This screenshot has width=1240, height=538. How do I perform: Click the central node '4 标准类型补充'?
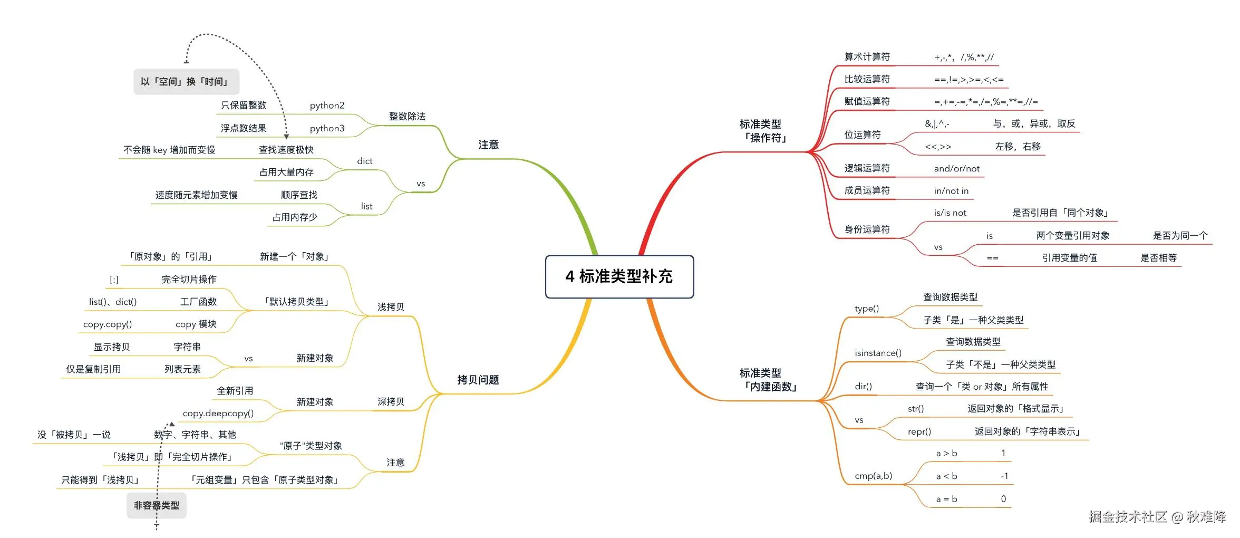click(619, 276)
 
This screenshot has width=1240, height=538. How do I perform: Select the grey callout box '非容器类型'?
click(156, 505)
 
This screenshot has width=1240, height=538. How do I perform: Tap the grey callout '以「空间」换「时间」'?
click(186, 82)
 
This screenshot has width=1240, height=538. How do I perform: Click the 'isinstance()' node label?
click(878, 353)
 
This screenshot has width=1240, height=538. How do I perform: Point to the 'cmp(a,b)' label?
click(873, 476)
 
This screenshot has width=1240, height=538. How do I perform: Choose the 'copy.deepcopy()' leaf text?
click(218, 413)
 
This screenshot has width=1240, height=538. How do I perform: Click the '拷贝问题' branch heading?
click(478, 380)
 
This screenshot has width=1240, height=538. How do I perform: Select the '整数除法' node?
click(407, 116)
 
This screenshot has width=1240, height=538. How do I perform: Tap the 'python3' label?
click(327, 128)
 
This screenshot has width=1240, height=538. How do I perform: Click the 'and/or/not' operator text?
click(956, 169)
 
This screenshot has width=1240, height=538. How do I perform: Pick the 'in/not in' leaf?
click(951, 191)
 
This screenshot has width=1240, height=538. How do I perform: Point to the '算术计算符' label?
click(867, 57)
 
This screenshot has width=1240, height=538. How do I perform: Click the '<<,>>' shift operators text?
click(938, 147)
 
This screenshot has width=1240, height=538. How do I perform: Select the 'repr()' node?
click(919, 431)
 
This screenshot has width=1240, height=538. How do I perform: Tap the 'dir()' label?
click(863, 386)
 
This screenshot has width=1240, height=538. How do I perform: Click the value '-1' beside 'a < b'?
click(1004, 476)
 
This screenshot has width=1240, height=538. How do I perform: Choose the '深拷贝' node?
click(390, 401)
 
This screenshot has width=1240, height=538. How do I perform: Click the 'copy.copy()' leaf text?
click(108, 324)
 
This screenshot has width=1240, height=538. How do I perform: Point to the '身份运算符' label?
click(867, 229)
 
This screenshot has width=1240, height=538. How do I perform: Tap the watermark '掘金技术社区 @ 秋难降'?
click(1157, 516)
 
